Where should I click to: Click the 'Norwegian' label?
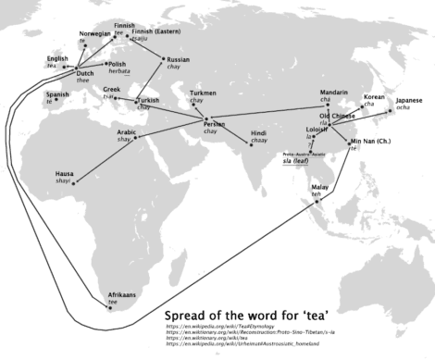pyautogui.click(x=84, y=34)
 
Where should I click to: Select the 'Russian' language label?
pyautogui.click(x=178, y=60)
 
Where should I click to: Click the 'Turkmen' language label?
pyautogui.click(x=203, y=93)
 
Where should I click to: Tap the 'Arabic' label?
pyautogui.click(x=128, y=133)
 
